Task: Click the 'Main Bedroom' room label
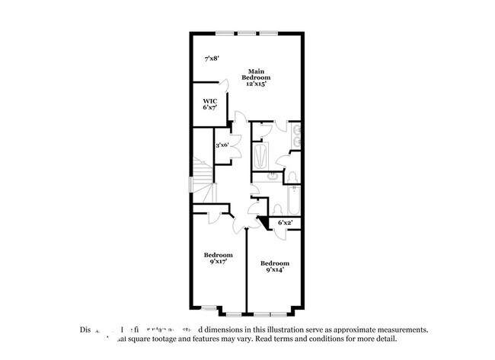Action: click(x=256, y=74)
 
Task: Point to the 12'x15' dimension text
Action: click(x=256, y=84)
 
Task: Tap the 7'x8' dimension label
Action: click(x=212, y=59)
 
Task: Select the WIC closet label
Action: click(x=209, y=101)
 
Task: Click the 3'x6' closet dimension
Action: click(x=222, y=145)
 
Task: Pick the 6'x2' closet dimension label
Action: click(x=286, y=222)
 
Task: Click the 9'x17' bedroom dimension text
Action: click(x=218, y=261)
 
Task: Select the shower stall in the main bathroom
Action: click(x=260, y=158)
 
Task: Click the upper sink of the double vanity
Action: click(x=296, y=129)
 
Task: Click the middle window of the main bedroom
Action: click(x=247, y=32)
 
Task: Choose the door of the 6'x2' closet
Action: click(x=266, y=222)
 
